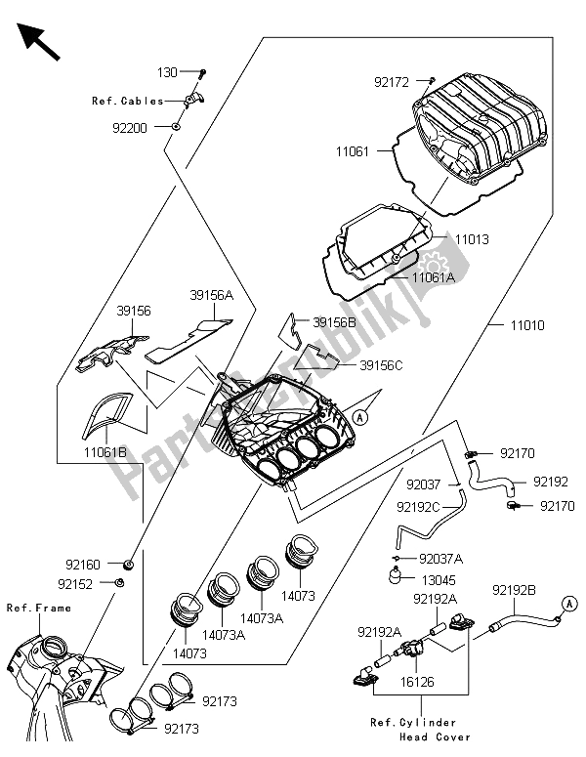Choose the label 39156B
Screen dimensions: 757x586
(x=335, y=321)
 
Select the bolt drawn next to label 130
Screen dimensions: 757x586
(x=202, y=73)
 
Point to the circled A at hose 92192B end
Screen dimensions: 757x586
(x=565, y=607)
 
